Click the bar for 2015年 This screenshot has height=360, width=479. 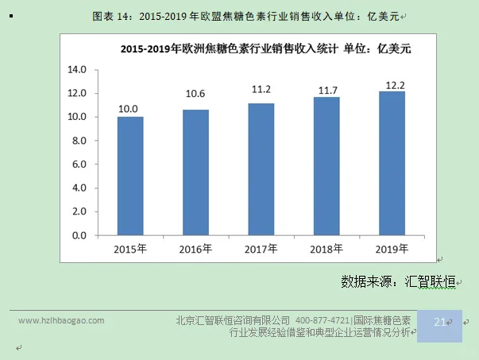130,176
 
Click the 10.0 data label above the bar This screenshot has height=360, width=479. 129,109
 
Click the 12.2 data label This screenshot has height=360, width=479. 392,84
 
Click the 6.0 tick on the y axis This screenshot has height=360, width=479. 79,165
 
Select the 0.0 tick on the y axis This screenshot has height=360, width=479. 79,235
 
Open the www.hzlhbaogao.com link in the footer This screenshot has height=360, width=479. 61,320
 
